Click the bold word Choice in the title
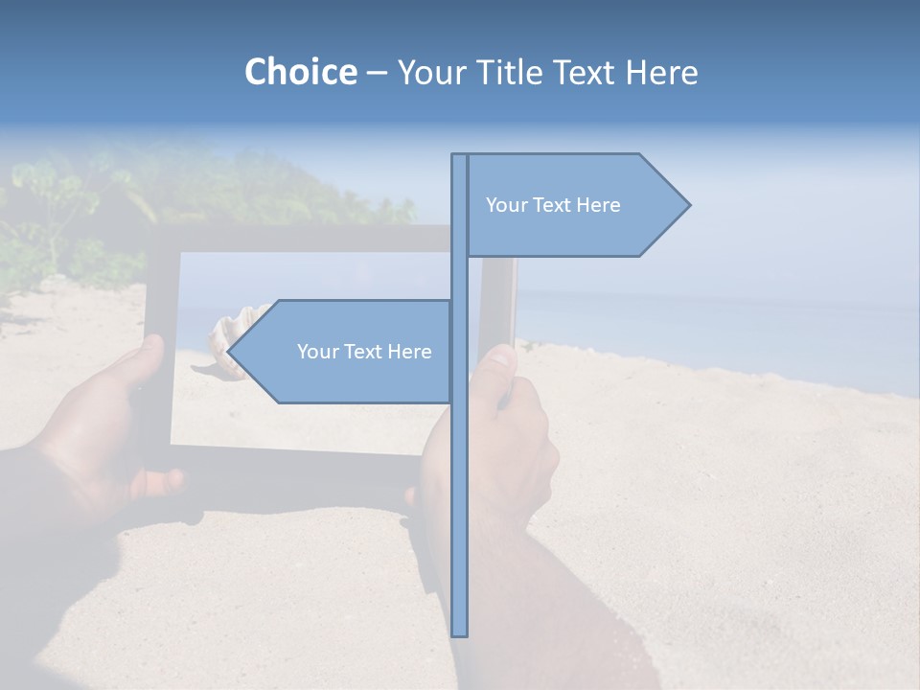pyautogui.click(x=300, y=72)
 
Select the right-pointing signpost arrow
pyautogui.click(x=575, y=205)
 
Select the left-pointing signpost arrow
pyautogui.click(x=345, y=352)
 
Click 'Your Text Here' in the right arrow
pyautogui.click(x=553, y=205)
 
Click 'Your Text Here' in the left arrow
pyautogui.click(x=364, y=352)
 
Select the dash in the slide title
pyautogui.click(x=377, y=72)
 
